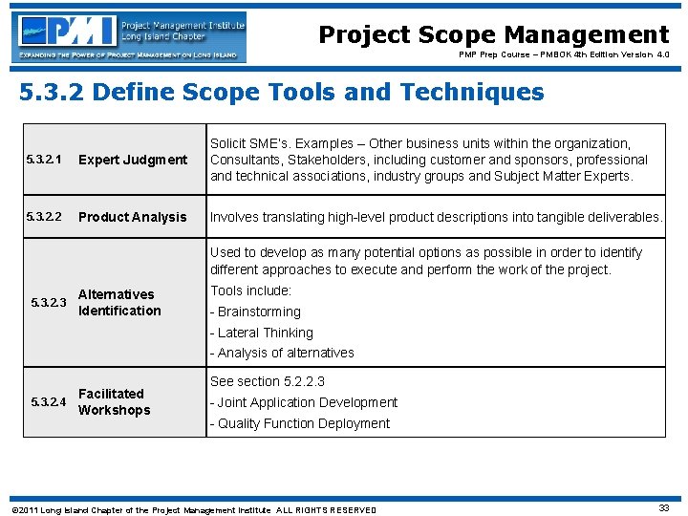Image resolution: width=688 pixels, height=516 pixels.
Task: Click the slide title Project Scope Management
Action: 493,35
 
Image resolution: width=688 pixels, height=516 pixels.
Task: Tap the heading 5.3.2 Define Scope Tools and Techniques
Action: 282,93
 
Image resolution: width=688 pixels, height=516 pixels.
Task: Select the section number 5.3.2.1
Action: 44,160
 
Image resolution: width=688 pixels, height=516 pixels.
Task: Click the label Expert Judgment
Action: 133,160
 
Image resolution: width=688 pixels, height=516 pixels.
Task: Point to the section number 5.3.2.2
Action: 44,217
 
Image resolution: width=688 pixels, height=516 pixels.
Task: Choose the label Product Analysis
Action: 133,217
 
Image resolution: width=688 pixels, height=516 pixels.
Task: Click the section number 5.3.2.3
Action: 49,303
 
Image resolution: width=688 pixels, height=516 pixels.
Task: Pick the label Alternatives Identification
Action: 119,302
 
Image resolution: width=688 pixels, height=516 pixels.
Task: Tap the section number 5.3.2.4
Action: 49,402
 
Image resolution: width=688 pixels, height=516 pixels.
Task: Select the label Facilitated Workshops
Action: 114,401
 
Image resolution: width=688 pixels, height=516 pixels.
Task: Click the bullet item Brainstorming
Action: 255,312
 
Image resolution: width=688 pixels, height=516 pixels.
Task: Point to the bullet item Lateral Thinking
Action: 262,333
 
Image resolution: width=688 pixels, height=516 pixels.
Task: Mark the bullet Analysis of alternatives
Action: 282,353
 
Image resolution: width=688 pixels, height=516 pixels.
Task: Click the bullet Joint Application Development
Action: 304,402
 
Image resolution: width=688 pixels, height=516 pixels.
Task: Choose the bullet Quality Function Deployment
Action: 300,423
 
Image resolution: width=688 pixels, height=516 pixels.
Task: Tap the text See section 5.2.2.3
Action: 268,381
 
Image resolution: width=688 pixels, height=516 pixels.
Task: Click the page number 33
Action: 663,508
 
